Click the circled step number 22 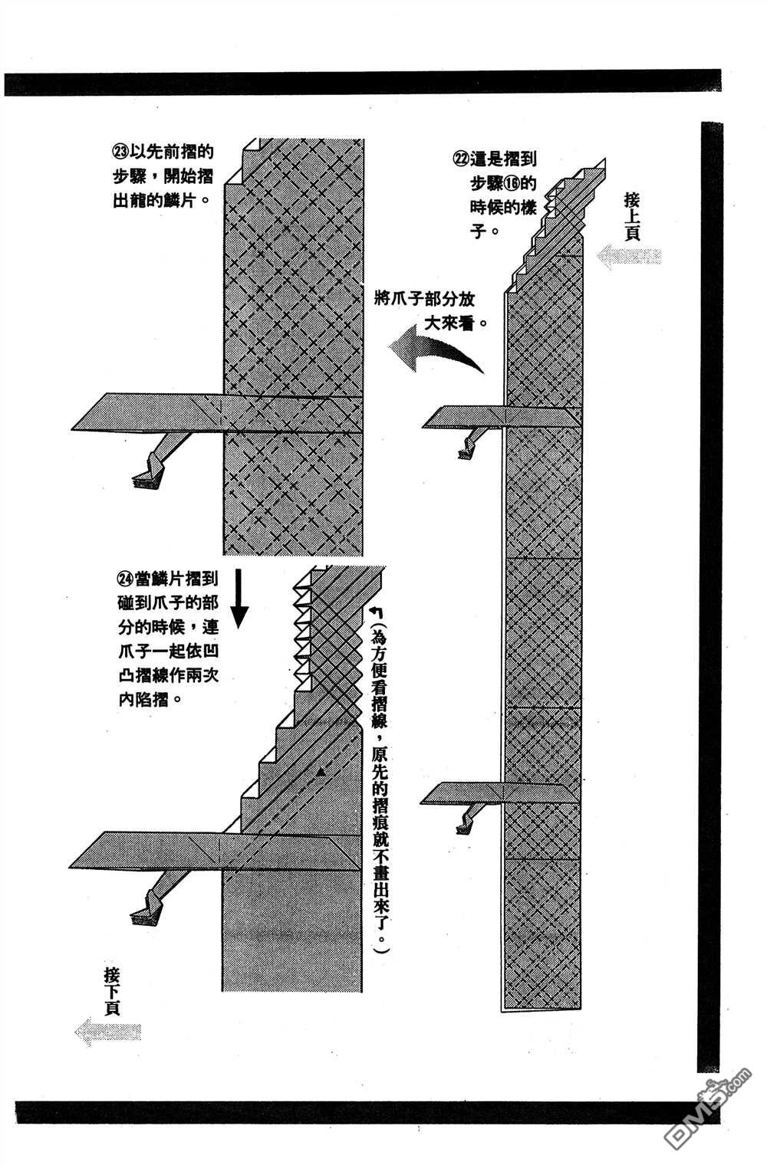(461, 159)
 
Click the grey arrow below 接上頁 (629, 256)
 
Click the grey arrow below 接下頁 (109, 1034)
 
